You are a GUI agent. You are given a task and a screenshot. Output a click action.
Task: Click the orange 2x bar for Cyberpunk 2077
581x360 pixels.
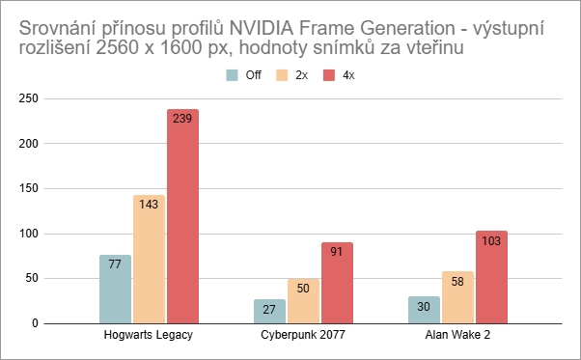303,304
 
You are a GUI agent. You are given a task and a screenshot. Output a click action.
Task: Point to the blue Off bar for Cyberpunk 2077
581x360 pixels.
269,312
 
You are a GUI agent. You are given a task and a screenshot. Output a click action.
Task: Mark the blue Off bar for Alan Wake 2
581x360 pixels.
424,311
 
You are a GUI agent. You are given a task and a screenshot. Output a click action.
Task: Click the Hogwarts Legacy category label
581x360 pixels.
149,337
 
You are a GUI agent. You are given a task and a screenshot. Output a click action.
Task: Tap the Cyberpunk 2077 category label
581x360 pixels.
303,337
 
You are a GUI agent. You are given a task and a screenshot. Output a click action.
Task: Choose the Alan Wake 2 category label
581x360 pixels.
457,337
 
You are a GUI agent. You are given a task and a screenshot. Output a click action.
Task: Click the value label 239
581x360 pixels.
182,120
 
